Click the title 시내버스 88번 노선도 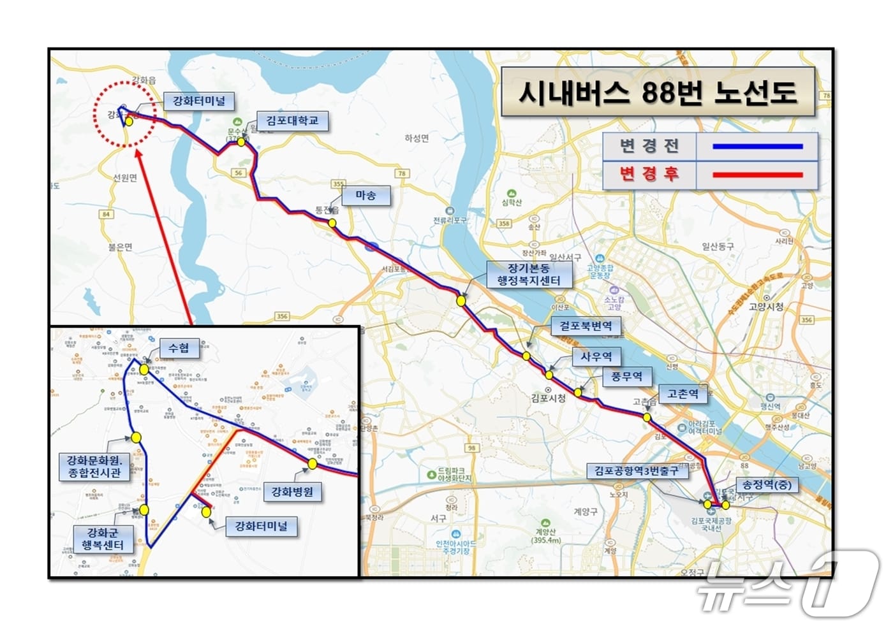point(658,92)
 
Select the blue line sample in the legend point(757,147)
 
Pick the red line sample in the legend point(757,174)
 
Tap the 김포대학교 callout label point(292,120)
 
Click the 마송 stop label point(365,196)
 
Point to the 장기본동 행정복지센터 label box point(529,274)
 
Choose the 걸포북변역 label point(586,326)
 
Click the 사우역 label point(596,356)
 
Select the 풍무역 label point(627,376)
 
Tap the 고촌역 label point(683,394)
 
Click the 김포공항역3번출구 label point(637,471)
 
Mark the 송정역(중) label point(767,484)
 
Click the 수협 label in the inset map point(179,348)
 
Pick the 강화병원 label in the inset point(293,491)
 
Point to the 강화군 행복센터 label point(103,539)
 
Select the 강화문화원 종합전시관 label point(94,467)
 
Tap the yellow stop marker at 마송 point(332,222)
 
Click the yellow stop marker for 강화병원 point(312,464)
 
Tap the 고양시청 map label point(766,307)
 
